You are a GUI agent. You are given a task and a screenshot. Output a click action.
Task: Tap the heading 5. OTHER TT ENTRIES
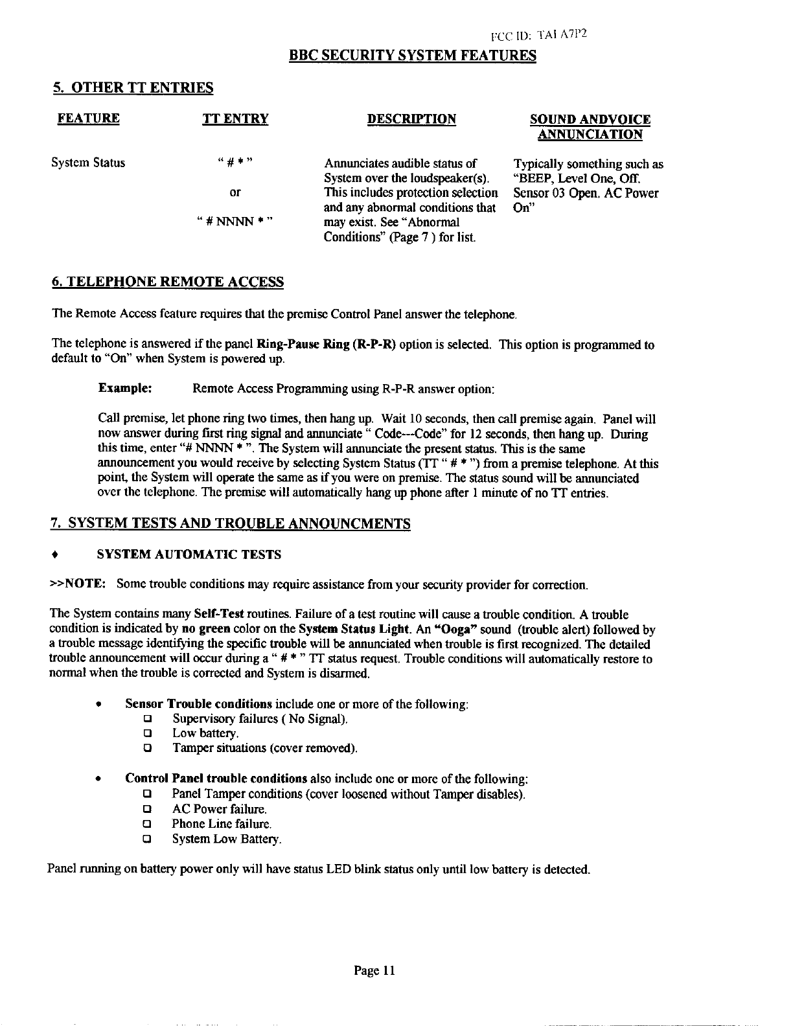(132, 87)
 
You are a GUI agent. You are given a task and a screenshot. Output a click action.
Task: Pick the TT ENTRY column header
(235, 119)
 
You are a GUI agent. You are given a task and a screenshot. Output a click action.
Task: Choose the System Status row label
(88, 163)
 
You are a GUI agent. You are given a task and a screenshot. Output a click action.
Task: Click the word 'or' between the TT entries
(235, 192)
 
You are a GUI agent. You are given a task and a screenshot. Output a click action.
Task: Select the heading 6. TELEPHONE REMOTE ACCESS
(167, 282)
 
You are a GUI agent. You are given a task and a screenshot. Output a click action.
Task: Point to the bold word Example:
(125, 388)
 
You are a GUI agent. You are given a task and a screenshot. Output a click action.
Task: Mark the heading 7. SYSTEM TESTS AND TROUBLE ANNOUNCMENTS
(231, 523)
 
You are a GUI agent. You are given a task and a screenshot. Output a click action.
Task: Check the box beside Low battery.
(147, 734)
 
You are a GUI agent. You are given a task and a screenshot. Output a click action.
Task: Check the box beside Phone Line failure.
(147, 825)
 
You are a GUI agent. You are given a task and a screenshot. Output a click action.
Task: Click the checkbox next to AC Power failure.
(147, 810)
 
